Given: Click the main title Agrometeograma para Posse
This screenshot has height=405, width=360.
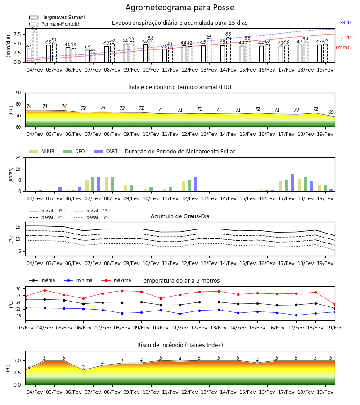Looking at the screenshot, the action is pyautogui.click(x=180, y=8).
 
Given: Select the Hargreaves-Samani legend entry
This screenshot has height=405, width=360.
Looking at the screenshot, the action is pyautogui.click(x=57, y=17).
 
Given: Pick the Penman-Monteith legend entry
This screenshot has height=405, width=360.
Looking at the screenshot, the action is pyautogui.click(x=55, y=24).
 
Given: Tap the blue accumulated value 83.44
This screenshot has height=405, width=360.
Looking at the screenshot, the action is pyautogui.click(x=346, y=23).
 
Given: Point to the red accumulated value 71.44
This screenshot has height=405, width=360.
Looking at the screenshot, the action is pyautogui.click(x=346, y=37).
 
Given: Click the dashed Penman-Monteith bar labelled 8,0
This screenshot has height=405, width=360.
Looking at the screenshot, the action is pyautogui.click(x=35, y=47).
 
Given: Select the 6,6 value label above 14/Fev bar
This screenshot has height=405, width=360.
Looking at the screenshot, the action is pyautogui.click(x=228, y=34).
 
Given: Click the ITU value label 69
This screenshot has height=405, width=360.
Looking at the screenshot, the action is pyautogui.click(x=331, y=112).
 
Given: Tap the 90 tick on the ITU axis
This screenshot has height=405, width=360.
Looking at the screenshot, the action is pyautogui.click(x=18, y=93).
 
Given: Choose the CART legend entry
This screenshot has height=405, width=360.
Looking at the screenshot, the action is pyautogui.click(x=106, y=151).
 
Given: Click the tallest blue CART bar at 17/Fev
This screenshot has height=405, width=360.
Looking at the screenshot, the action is pyautogui.click(x=292, y=183).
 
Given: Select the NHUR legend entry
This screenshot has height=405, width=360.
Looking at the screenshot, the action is pyautogui.click(x=42, y=151).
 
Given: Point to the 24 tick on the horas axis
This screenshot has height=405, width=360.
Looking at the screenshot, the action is pyautogui.click(x=18, y=157).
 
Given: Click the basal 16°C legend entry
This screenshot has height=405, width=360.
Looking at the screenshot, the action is pyautogui.click(x=92, y=217).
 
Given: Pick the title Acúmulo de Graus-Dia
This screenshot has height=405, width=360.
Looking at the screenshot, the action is pyautogui.click(x=180, y=216).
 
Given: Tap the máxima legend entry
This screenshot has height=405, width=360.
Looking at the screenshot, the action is pyautogui.click(x=116, y=280).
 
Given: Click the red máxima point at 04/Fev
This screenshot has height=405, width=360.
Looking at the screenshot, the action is pyautogui.click(x=45, y=290).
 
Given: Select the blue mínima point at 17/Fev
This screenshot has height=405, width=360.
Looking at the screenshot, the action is pyautogui.click(x=296, y=315).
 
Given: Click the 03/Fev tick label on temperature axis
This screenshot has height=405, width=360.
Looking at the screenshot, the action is pyautogui.click(x=25, y=328).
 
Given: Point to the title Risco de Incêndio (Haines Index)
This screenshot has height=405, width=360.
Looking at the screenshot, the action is pyautogui.click(x=180, y=345).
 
